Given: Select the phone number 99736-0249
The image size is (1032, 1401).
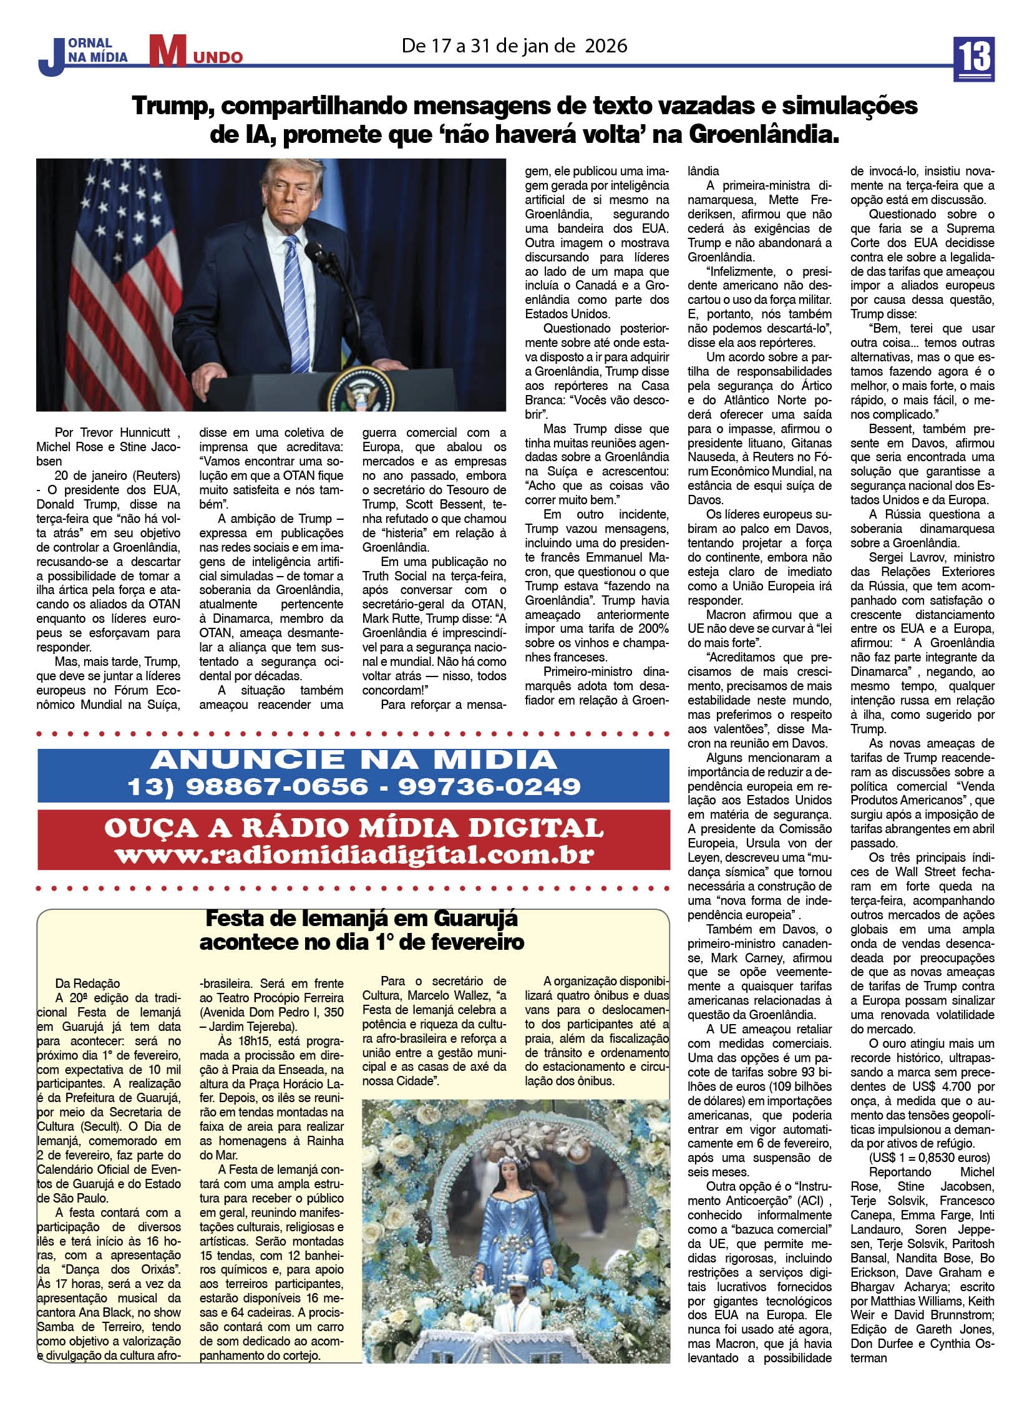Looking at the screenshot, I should [x=489, y=786].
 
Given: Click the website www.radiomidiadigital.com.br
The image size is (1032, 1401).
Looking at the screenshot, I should [x=354, y=854].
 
